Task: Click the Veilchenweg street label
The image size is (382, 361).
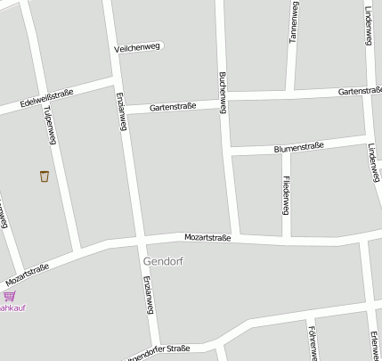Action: (x=137, y=47)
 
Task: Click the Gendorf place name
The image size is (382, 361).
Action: (x=161, y=261)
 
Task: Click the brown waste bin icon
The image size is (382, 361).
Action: (x=44, y=176)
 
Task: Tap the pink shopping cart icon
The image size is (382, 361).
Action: (x=9, y=295)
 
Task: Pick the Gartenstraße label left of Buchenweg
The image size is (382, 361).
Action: (x=173, y=107)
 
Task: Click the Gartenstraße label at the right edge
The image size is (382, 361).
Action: (x=360, y=91)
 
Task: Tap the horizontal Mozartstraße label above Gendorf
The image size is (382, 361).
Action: (x=207, y=238)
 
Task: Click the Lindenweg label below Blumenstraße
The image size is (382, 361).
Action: (x=370, y=162)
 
